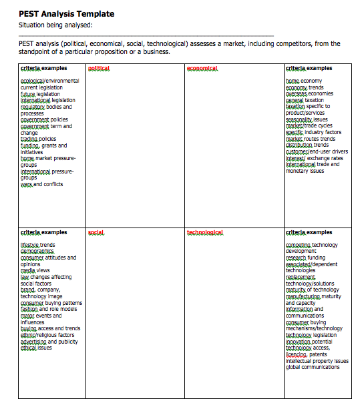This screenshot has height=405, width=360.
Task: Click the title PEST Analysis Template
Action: pyautogui.click(x=66, y=14)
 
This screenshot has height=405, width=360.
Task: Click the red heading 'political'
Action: pyautogui.click(x=98, y=69)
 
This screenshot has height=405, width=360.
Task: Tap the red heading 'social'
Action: pyautogui.click(x=96, y=233)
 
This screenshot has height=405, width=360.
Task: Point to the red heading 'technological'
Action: pyautogui.click(x=205, y=233)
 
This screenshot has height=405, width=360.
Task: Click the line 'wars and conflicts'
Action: pyautogui.click(x=41, y=184)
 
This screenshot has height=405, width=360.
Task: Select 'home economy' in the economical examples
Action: pyautogui.click(x=303, y=81)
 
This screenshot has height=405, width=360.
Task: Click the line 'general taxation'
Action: pyautogui.click(x=304, y=100)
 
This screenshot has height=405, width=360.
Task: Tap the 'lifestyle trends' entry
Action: pyautogui.click(x=37, y=245)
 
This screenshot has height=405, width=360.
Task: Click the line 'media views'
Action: pyautogui.click(x=35, y=270)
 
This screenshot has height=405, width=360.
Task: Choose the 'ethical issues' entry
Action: pyautogui.click(x=36, y=348)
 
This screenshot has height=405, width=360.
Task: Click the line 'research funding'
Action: pyautogui.click(x=306, y=258)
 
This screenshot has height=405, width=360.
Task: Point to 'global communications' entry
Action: pyautogui.click(x=313, y=367)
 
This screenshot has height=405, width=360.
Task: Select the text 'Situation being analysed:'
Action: pyautogui.click(x=55, y=26)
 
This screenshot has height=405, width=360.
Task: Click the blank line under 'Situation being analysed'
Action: pyautogui.click(x=147, y=35)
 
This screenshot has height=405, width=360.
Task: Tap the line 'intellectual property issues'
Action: pyautogui.click(x=317, y=360)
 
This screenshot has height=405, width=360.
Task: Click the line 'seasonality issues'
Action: pyautogui.click(x=305, y=119)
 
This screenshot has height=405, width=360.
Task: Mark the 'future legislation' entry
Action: pyautogui.click(x=40, y=94)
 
